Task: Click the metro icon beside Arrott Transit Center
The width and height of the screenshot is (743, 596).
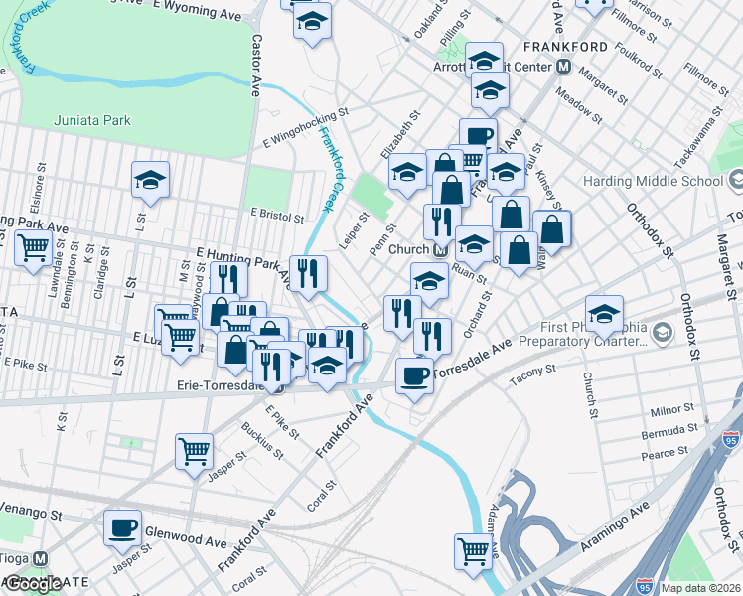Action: (563, 67)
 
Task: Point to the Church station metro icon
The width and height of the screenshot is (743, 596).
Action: (438, 249)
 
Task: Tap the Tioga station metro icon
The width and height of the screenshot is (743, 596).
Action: (40, 559)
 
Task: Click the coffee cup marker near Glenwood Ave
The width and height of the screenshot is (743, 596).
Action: (122, 527)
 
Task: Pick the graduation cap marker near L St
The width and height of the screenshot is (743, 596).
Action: (150, 179)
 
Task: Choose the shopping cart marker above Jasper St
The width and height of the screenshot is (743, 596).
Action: (194, 450)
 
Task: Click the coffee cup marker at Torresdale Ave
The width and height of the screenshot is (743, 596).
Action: (414, 375)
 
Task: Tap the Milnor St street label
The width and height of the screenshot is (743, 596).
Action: (672, 408)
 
